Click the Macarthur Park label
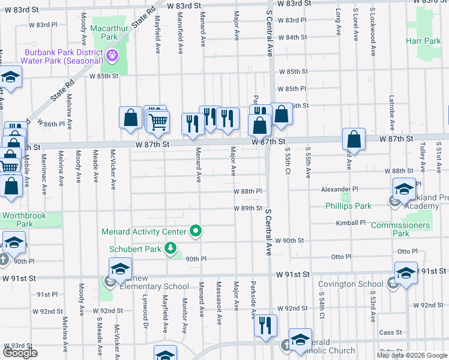tap(104, 32)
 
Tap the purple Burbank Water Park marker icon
tap(112, 56)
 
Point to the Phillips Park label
tap(348, 206)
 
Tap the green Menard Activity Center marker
tap(195, 231)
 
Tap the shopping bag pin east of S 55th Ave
tap(354, 139)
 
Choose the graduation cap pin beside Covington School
tap(406, 272)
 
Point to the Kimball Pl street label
tap(352, 223)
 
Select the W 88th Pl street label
tap(248, 191)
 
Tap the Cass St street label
tap(390, 332)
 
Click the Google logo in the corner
tap(20, 353)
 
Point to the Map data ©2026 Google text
tap(411, 355)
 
